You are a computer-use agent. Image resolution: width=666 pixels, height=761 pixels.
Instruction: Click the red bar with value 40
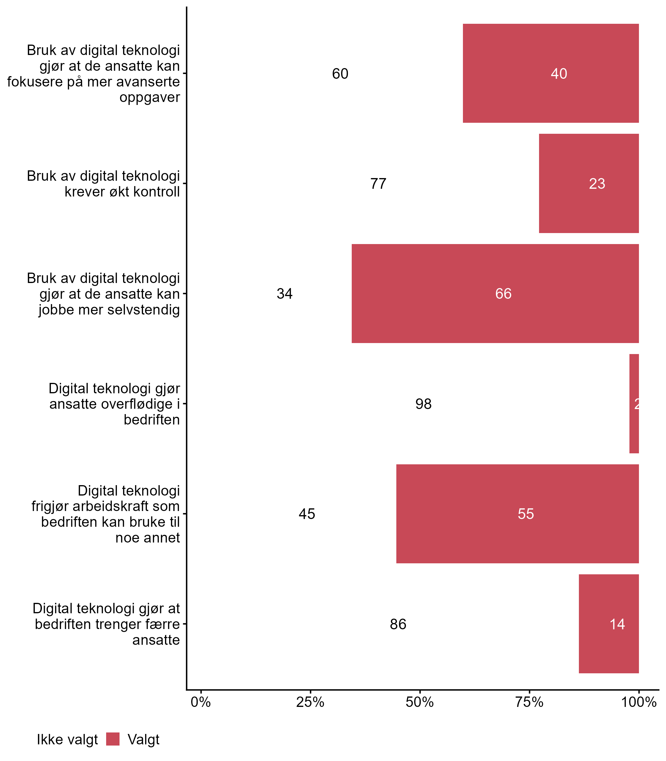tap(550, 73)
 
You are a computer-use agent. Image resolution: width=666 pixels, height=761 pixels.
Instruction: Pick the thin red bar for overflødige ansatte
tap(634, 404)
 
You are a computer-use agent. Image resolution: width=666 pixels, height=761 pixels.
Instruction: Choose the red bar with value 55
tap(517, 514)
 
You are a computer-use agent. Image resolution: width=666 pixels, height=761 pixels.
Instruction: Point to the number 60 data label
tap(340, 74)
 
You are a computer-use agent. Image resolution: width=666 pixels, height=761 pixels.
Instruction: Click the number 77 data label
tap(378, 184)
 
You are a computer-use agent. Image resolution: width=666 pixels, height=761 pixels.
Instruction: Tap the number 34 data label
tap(285, 294)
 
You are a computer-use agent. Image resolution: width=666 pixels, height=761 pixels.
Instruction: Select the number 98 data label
tap(423, 404)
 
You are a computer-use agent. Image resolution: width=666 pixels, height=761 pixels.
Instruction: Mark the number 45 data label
tap(307, 514)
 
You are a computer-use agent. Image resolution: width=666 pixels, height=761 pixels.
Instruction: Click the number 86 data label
tap(398, 624)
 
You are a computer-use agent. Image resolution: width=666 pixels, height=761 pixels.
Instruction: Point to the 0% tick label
tap(201, 702)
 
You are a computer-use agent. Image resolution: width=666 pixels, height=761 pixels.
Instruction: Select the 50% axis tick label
tap(420, 702)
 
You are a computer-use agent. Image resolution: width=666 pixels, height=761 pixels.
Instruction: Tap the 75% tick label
tap(529, 702)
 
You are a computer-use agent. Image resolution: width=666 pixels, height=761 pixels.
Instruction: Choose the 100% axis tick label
tap(639, 702)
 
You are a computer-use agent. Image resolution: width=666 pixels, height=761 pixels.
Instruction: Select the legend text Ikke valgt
tap(67, 740)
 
